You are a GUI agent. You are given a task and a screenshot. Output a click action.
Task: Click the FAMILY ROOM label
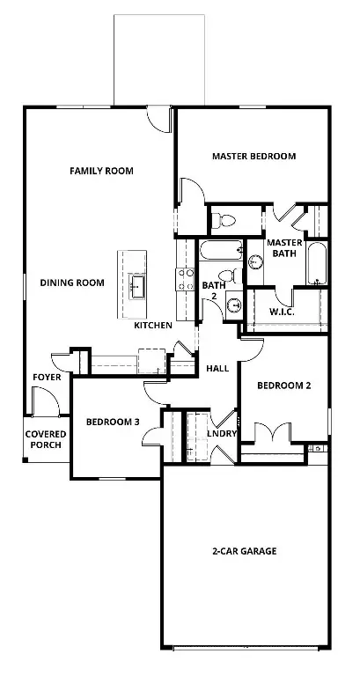[101, 170]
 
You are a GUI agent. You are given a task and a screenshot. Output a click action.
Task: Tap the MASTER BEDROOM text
[253, 156]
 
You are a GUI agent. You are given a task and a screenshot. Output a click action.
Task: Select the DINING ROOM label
[72, 283]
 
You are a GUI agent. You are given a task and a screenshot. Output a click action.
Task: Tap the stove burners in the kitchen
[187, 279]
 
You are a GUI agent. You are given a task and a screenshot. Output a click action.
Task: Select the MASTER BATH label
[284, 248]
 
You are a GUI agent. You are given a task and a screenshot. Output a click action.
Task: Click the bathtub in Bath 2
[220, 252]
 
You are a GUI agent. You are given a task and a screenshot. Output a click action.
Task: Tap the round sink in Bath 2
[234, 305]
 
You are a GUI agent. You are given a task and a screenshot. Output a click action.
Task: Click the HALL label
[217, 368]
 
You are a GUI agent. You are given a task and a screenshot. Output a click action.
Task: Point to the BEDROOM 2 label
[283, 386]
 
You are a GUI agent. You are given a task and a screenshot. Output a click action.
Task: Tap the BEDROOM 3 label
[113, 422]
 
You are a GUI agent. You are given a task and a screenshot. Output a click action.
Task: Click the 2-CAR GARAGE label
[244, 551]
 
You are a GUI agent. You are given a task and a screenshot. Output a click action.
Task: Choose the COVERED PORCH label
[45, 440]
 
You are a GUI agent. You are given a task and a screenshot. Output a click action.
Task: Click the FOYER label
[46, 377]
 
